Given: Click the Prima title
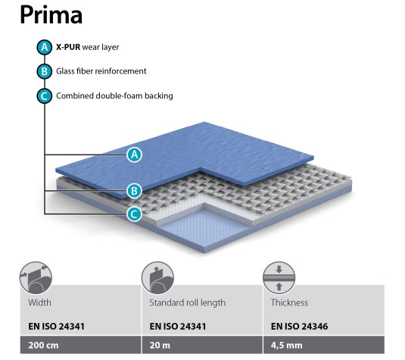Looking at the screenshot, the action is coord(51,15).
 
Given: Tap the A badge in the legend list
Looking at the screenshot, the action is coord(45,47).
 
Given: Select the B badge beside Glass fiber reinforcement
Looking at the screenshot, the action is coord(45,71).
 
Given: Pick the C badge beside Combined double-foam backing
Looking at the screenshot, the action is coord(45,96).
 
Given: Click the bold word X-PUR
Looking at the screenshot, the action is coord(68,47).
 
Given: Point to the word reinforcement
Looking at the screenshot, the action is coord(121,71).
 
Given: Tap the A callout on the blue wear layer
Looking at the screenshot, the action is coord(134,155).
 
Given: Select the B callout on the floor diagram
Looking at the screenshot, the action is coord(134,191).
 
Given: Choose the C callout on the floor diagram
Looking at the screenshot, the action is coord(134,214).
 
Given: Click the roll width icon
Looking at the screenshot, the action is coord(36,277).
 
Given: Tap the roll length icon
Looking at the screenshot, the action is coord(157,277).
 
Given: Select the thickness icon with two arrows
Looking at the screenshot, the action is coord(279,277).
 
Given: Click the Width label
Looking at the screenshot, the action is coord(40,302).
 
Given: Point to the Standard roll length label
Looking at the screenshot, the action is coord(188,303).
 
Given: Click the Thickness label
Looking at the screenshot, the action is coord(289,302).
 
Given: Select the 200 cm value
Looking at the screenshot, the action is coord(43,346).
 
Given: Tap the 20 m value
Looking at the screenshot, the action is coord(160,346).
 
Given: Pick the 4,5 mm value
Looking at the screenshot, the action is coord(286,346).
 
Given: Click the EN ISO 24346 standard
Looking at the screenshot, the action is coord(299,327).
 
